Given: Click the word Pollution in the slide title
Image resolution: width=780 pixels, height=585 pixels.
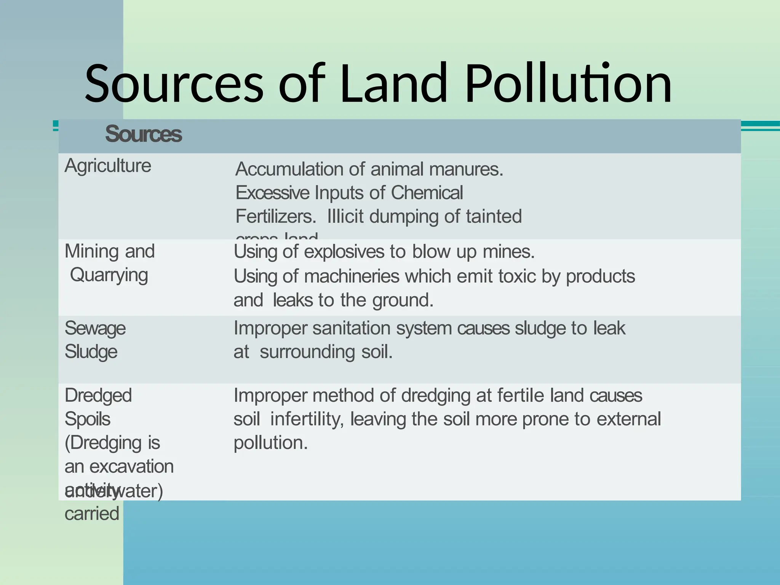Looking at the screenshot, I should click(x=568, y=84).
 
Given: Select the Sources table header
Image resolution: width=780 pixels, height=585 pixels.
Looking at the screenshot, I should click(x=144, y=134).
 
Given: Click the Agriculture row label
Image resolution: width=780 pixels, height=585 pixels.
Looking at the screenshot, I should click(x=108, y=166).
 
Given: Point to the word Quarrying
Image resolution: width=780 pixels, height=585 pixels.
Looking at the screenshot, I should click(x=109, y=275).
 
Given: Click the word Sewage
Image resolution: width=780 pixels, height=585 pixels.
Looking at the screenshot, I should click(x=95, y=328).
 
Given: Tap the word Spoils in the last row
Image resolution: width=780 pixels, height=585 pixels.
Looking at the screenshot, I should click(x=87, y=419).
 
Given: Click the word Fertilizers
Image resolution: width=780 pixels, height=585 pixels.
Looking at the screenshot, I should click(x=276, y=216).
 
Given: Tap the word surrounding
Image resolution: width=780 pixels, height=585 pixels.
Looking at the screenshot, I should click(x=307, y=352).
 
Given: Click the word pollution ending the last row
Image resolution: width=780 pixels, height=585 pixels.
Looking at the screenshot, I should click(x=270, y=443).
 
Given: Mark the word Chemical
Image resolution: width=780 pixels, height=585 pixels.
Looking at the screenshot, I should click(x=427, y=193).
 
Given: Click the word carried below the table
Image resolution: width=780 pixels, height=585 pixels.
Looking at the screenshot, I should click(x=92, y=514).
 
